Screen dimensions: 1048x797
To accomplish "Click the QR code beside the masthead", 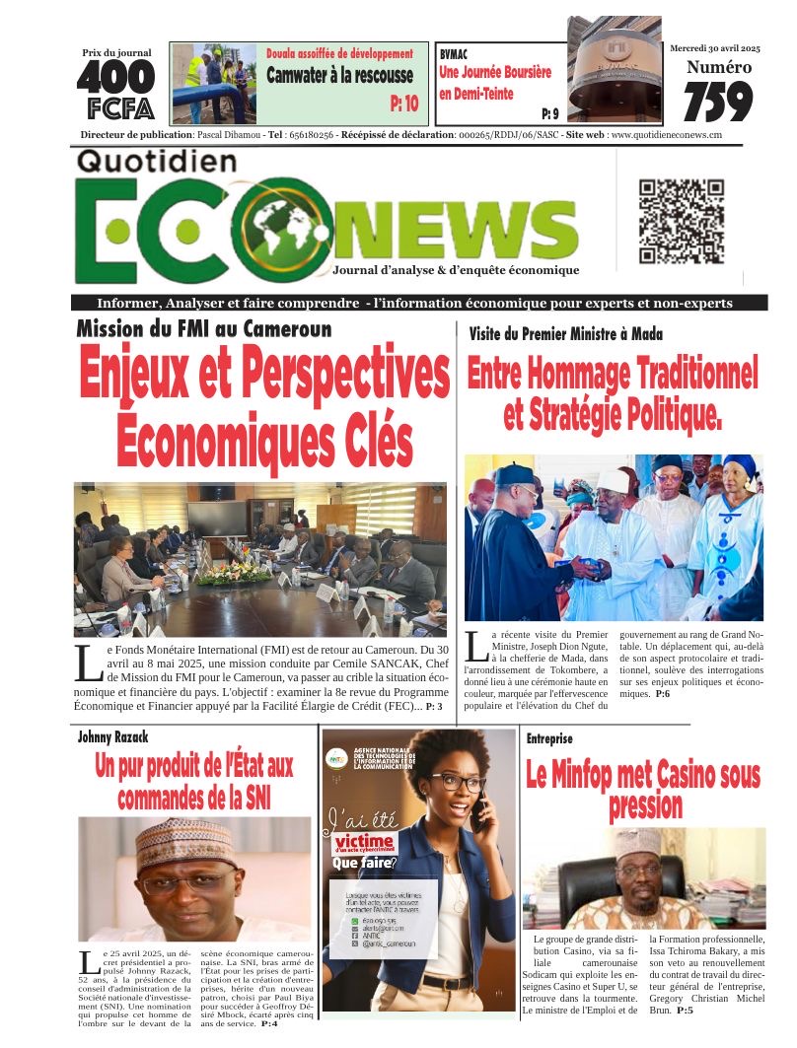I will [682, 222].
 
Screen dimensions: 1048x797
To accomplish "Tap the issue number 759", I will [717, 102].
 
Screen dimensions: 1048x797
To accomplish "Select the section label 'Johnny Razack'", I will [113, 736].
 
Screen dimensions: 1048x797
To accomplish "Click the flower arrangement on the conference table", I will [233, 573].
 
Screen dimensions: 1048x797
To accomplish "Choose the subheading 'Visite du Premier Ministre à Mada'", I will [565, 334].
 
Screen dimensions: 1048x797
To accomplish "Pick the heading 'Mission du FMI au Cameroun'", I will [204, 329].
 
